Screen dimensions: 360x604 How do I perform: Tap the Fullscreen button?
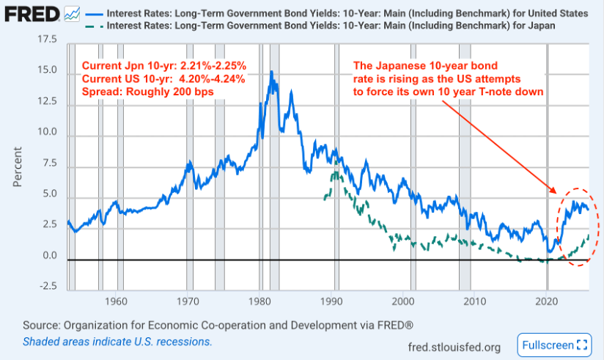tap(554, 345)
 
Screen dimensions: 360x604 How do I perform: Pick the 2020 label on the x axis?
tap(547, 301)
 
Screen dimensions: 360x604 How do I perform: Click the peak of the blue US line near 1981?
tap(272, 72)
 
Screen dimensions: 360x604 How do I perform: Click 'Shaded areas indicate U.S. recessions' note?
tap(117, 342)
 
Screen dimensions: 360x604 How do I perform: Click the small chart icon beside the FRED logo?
tap(73, 14)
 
